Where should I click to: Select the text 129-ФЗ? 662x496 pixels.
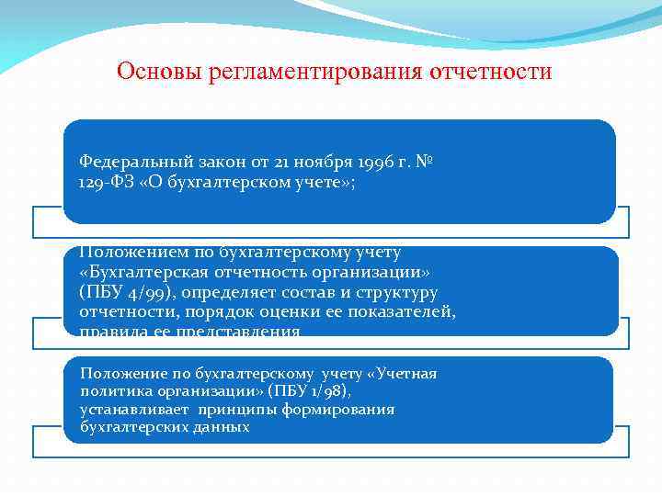106,181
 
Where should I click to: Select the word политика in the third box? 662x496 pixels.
110,391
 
